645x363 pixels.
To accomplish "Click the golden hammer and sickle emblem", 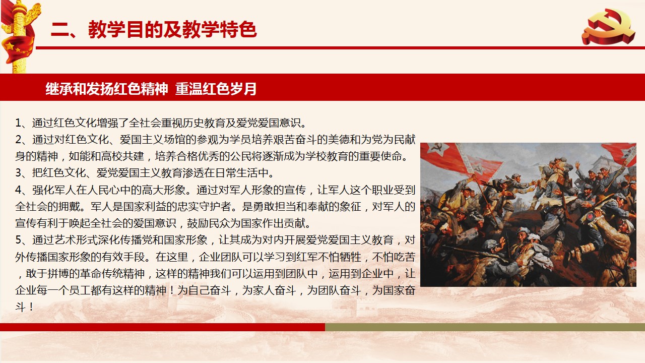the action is tap(608, 27).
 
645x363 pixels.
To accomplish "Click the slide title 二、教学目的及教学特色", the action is tap(154, 29).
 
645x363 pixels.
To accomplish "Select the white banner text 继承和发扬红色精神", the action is tap(106, 88).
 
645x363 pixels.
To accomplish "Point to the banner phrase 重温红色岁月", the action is tap(216, 88).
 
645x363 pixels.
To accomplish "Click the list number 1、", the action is tap(23, 123).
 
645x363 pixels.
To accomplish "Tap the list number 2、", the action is tap(23, 140).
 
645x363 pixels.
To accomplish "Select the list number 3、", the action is tap(23, 173).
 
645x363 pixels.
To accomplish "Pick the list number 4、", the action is tap(23, 190).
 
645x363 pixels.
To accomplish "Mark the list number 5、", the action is tap(23, 239).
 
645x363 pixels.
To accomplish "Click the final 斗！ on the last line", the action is tap(25, 307).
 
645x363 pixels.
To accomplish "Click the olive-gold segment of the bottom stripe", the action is tap(485, 327).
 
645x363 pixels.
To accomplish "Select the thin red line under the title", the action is tap(340, 48).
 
